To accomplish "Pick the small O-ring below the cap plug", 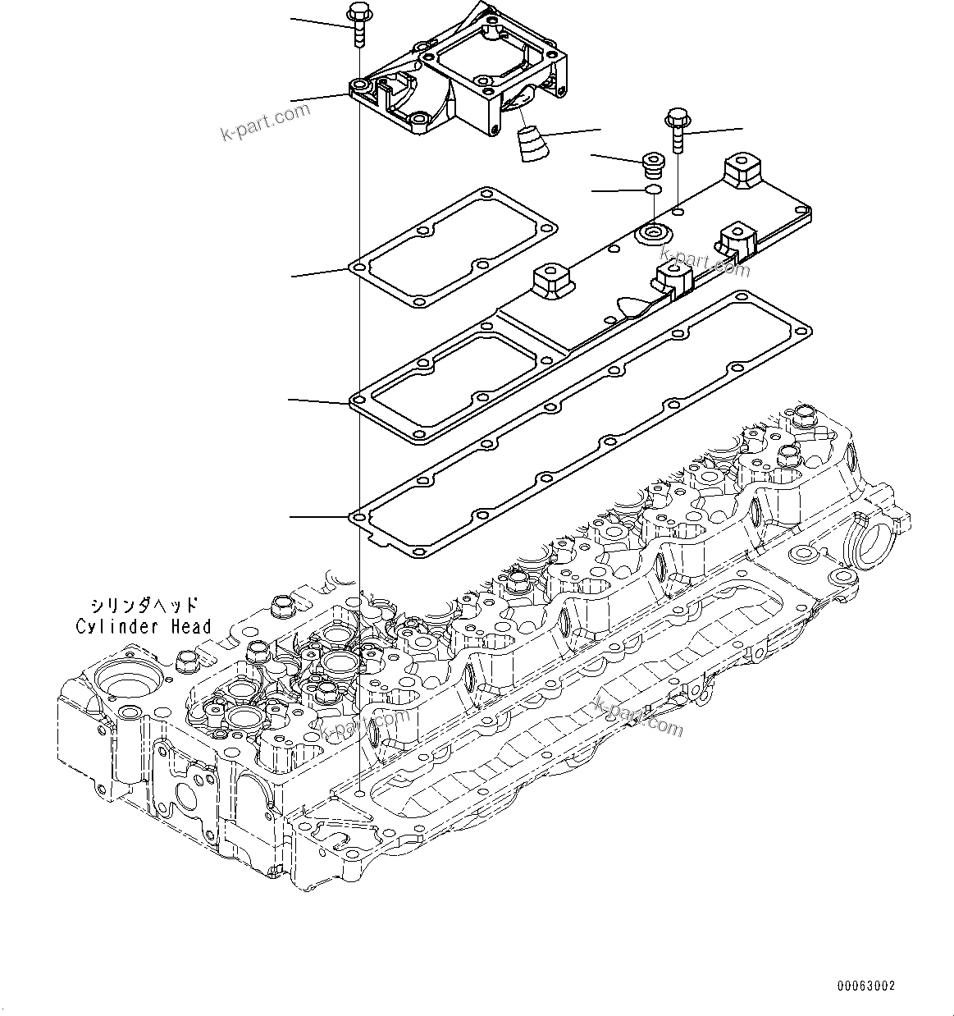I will (x=654, y=190).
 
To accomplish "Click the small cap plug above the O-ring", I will (x=654, y=165).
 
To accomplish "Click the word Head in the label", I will (x=190, y=627).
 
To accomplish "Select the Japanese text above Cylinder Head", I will (x=144, y=606).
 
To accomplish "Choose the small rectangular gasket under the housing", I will (x=454, y=249).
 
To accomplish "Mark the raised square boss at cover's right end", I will (x=741, y=172).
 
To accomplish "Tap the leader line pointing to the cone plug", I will (x=570, y=132).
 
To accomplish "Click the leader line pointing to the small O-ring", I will (x=618, y=191).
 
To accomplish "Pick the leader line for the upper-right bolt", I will (x=714, y=130).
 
